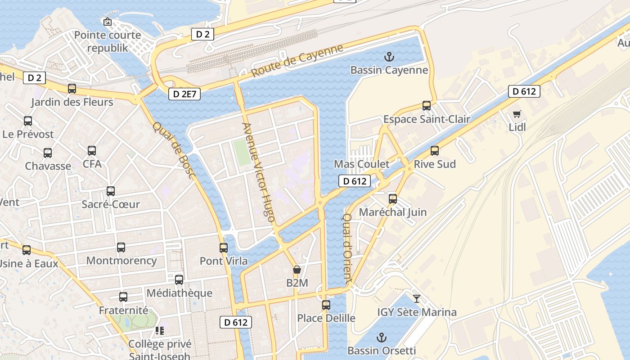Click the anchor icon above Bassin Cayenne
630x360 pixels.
point(389,57)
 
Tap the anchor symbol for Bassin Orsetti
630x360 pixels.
point(382,337)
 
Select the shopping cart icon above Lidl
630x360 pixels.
point(517,114)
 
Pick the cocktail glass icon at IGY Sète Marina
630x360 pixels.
point(417,298)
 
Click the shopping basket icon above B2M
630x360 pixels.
point(297,270)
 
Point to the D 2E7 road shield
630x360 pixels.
point(184,94)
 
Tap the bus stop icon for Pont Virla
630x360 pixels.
point(224,247)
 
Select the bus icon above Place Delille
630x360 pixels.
point(326,305)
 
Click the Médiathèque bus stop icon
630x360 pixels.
point(179,280)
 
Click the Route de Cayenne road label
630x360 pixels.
point(297,60)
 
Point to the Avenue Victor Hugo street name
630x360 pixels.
point(259,172)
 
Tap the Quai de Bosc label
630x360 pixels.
point(173,150)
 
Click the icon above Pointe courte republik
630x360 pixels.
point(108,22)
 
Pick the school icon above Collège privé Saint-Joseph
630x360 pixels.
point(160,331)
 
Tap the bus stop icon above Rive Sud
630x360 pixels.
point(435,151)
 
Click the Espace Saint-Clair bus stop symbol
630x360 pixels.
point(427,106)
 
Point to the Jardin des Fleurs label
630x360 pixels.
point(72,102)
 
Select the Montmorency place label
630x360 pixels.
point(121,261)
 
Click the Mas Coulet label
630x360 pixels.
point(362,164)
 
